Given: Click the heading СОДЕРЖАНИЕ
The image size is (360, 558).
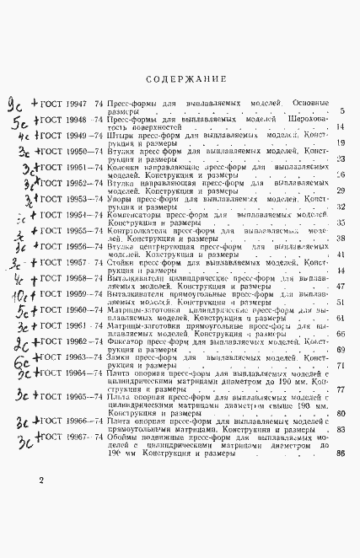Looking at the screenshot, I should point(184,79).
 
